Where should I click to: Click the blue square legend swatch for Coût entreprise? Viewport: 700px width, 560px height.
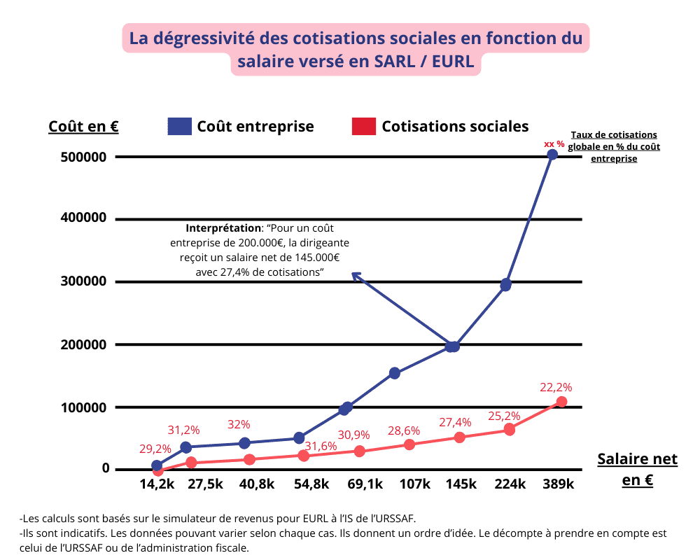coord(179,126)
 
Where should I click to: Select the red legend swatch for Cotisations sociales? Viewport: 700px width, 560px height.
coord(363,126)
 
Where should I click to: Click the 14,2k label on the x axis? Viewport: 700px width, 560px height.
coord(157,484)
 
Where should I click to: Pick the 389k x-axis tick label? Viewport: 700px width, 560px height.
coord(557,484)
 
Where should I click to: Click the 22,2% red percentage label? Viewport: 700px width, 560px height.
coord(556,387)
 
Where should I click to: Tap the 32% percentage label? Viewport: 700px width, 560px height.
coord(239,424)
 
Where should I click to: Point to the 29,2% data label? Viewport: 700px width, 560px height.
coord(155,449)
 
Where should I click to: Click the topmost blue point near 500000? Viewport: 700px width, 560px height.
coord(552,155)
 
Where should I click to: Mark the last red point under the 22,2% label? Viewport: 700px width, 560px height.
coord(561,402)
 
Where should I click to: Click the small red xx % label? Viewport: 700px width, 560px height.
coord(554,143)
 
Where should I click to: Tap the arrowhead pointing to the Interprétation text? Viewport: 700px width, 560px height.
coord(355,275)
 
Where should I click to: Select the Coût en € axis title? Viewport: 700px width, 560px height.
coord(83,127)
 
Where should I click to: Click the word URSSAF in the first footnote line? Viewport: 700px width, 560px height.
coord(397,519)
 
